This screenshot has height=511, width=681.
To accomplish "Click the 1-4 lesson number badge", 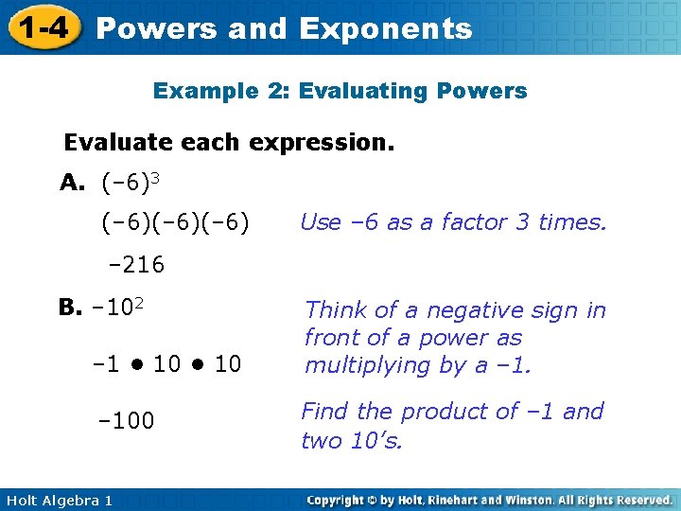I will point(41,27).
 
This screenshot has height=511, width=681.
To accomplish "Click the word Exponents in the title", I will point(385,29).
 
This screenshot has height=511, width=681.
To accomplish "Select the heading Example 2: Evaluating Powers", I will point(340,92).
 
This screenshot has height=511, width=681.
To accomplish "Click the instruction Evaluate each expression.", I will point(229,143).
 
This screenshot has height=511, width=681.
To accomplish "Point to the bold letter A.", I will point(73,183).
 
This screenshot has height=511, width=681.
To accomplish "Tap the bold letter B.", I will point(69,308).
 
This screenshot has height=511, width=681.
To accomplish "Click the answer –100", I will point(127,420).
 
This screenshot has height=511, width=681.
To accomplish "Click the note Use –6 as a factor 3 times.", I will point(452,222).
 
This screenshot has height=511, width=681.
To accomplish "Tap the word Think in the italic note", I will point(335,310).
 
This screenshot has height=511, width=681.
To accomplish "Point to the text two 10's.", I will point(351,440).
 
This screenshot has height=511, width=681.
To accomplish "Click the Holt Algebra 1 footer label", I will point(58,500).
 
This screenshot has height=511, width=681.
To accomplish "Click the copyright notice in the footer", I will point(489,500).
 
